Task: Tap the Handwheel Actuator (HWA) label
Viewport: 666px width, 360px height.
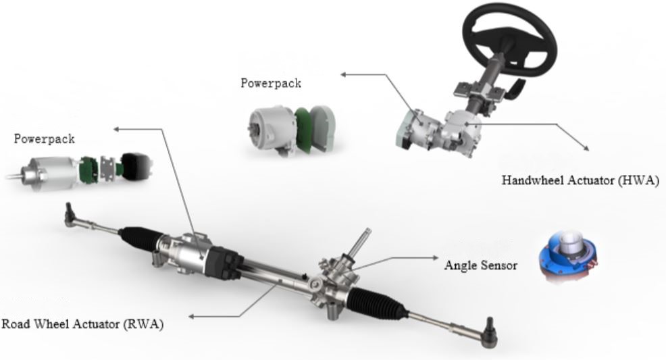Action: (x=580, y=180)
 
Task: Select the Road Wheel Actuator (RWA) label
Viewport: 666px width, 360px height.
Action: (x=82, y=324)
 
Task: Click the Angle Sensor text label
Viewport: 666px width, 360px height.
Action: (x=481, y=265)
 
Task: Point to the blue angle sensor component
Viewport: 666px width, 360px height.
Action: (x=568, y=257)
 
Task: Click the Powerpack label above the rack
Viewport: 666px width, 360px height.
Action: (x=44, y=139)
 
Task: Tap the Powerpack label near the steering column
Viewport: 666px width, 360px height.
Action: (x=271, y=83)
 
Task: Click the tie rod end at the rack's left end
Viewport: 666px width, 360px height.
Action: (x=70, y=214)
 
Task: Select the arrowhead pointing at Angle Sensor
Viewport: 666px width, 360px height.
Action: (x=434, y=257)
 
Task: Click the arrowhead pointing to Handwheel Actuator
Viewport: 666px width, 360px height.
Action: (x=586, y=147)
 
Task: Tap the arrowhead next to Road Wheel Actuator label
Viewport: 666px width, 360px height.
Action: (x=192, y=316)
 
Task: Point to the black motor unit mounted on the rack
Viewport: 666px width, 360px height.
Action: (x=223, y=262)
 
